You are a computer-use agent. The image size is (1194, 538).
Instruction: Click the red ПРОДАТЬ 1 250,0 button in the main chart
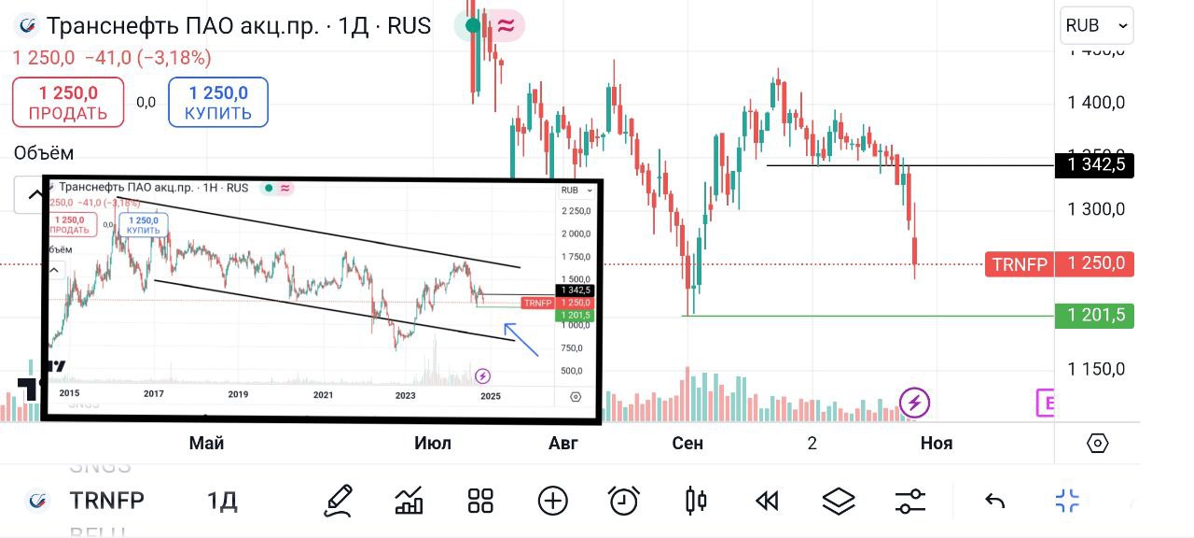[68, 103]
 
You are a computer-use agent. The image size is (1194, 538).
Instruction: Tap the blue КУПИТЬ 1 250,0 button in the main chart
[218, 103]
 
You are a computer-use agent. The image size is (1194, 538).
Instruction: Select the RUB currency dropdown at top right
[1096, 26]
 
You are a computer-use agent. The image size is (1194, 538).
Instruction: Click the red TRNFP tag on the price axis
[1020, 264]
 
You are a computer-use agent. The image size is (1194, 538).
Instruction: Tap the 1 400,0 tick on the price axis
[1096, 102]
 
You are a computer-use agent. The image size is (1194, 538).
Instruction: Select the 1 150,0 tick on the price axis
[1096, 369]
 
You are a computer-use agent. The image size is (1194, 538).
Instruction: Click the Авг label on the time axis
[563, 443]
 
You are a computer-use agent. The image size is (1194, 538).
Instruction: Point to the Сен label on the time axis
[687, 443]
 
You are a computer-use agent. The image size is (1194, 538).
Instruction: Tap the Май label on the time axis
[206, 443]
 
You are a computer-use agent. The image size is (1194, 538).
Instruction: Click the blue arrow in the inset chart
[521, 340]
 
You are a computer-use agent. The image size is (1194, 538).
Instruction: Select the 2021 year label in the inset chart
[323, 395]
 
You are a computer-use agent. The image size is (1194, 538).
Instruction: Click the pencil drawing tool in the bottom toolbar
[339, 502]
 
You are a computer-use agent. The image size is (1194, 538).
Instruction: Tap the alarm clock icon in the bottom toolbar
[623, 502]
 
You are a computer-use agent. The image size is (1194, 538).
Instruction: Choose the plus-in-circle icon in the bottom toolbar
[552, 502]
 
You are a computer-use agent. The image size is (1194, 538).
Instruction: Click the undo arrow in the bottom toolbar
[994, 502]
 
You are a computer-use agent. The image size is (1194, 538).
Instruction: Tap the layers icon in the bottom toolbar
[839, 502]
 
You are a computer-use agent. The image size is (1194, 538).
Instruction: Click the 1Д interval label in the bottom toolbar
[222, 502]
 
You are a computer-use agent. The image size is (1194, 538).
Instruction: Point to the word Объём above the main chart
[44, 153]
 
